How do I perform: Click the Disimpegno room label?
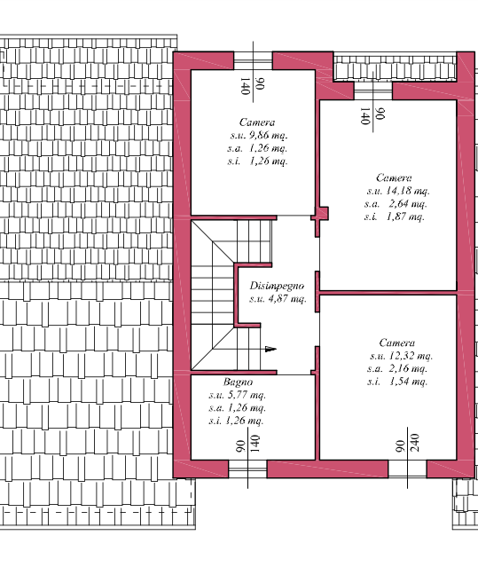click(278, 286)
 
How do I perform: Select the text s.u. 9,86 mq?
click(256, 136)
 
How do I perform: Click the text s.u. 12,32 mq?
click(398, 356)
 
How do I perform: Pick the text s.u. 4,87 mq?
click(278, 300)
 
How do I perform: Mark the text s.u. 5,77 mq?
click(237, 395)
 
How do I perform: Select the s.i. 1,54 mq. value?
click(396, 382)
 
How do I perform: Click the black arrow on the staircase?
click(270, 349)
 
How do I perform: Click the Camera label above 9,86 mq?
click(256, 122)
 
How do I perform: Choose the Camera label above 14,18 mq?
click(394, 177)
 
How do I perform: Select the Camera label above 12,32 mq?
click(396, 343)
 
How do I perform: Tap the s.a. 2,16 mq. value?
click(396, 368)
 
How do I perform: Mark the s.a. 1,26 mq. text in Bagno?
click(236, 408)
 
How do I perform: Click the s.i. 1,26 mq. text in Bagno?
click(236, 421)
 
